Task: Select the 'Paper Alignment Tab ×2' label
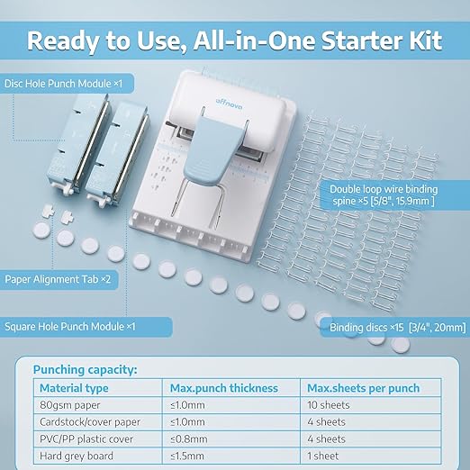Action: (58, 279)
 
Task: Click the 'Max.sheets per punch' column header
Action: (364, 388)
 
